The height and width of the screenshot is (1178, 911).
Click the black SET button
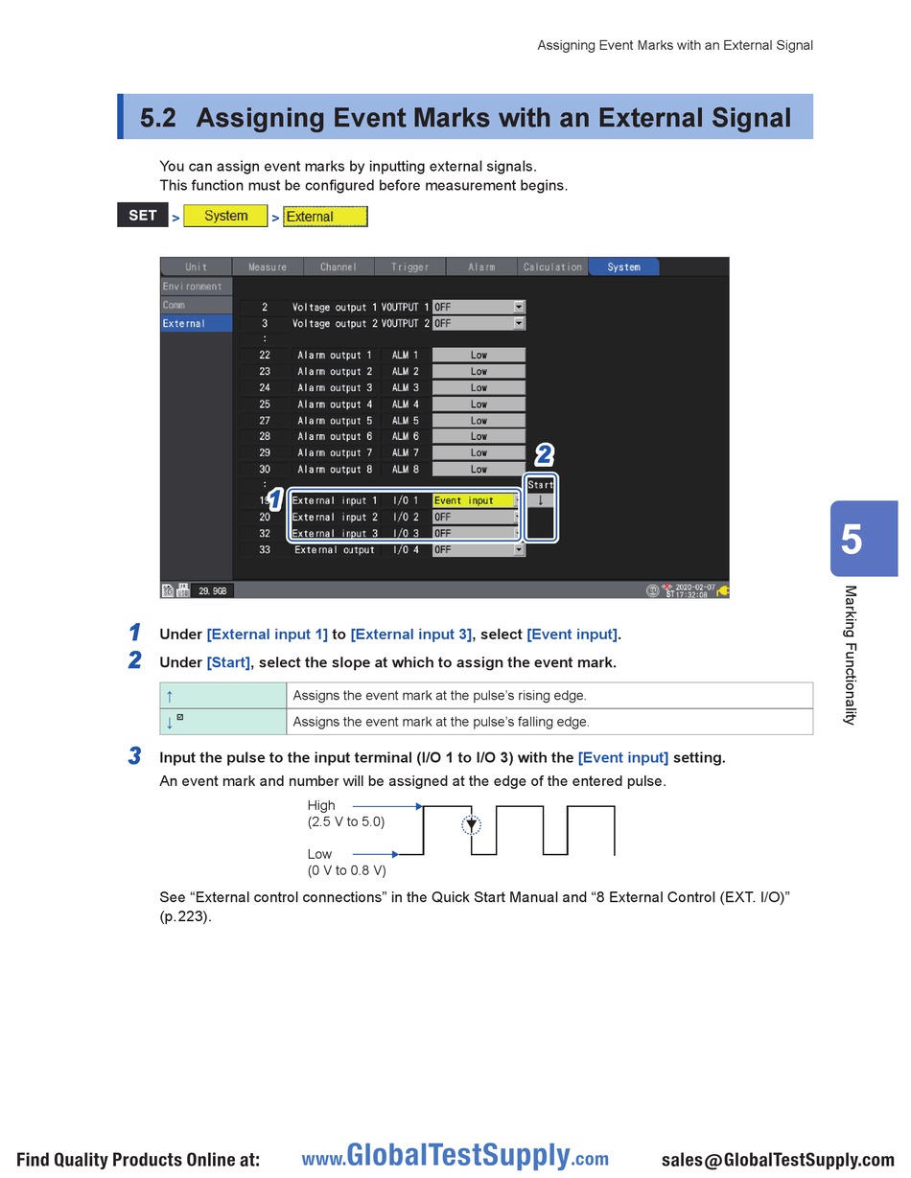pyautogui.click(x=142, y=216)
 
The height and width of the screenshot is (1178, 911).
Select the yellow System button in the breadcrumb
pyautogui.click(x=225, y=216)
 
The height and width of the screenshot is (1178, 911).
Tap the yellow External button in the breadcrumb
pyautogui.click(x=325, y=217)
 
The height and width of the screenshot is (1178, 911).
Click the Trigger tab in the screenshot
pyautogui.click(x=409, y=266)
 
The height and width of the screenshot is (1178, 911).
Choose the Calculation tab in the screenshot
pyautogui.click(x=552, y=266)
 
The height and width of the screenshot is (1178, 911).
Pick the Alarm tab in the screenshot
pyautogui.click(x=481, y=266)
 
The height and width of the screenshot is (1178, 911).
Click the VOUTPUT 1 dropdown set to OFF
pyautogui.click(x=479, y=307)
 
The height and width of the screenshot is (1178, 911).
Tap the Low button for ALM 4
pyautogui.click(x=479, y=404)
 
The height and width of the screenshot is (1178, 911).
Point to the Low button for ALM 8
pyautogui.click(x=479, y=469)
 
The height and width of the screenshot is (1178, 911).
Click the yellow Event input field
pyautogui.click(x=474, y=500)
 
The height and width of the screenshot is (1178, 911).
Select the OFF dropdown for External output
pyautogui.click(x=479, y=550)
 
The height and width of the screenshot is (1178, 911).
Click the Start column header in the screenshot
pyautogui.click(x=540, y=485)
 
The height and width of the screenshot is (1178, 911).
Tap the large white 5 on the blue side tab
pyautogui.click(x=852, y=540)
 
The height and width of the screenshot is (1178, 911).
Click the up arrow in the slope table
pyautogui.click(x=170, y=696)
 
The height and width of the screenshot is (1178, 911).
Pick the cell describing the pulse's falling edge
pyautogui.click(x=549, y=722)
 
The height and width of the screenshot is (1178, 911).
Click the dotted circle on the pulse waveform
pyautogui.click(x=471, y=824)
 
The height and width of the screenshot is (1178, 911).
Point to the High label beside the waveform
pyautogui.click(x=321, y=806)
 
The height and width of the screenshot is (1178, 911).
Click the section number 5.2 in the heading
pyautogui.click(x=158, y=118)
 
